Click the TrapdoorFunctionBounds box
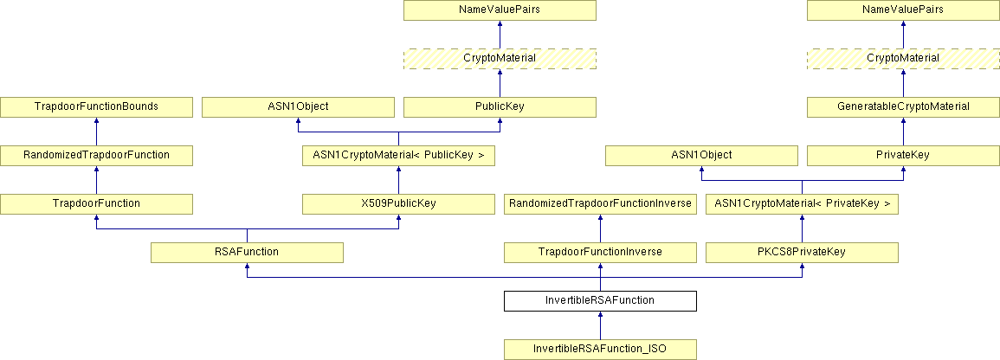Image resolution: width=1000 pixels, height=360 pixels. pyautogui.click(x=96, y=106)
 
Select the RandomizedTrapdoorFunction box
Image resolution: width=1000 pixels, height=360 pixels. pyautogui.click(x=96, y=155)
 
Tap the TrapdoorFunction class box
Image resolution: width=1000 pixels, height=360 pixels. pyautogui.click(x=96, y=203)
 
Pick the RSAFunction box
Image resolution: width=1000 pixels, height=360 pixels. pyautogui.click(x=247, y=252)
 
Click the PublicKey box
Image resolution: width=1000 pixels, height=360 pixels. pyautogui.click(x=500, y=106)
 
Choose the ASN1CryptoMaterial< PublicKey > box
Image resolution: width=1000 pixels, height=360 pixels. pyautogui.click(x=398, y=155)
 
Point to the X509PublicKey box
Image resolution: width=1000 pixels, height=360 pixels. pyautogui.click(x=398, y=203)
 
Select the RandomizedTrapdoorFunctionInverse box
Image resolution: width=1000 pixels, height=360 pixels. pyautogui.click(x=600, y=203)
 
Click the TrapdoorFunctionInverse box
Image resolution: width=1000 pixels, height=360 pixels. pyautogui.click(x=600, y=252)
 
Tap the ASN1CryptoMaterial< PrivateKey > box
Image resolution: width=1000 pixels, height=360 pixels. pyautogui.click(x=802, y=203)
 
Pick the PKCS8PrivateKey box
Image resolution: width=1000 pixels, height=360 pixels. pyautogui.click(x=802, y=252)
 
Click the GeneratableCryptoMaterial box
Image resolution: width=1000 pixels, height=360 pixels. pyautogui.click(x=903, y=106)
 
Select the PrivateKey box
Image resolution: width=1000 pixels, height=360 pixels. pyautogui.click(x=903, y=155)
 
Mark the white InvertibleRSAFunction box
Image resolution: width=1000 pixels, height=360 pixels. pyautogui.click(x=600, y=300)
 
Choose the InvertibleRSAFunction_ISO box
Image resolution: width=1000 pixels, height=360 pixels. pyautogui.click(x=600, y=349)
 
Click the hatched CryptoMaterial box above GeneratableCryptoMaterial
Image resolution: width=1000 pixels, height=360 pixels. pyautogui.click(x=903, y=58)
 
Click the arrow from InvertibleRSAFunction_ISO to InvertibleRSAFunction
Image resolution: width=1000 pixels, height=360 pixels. pyautogui.click(x=600, y=325)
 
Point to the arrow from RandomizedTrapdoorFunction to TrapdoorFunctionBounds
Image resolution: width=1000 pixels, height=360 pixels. pyautogui.click(x=96, y=131)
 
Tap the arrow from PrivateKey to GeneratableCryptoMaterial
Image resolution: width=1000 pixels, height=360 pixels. pyautogui.click(x=903, y=131)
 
